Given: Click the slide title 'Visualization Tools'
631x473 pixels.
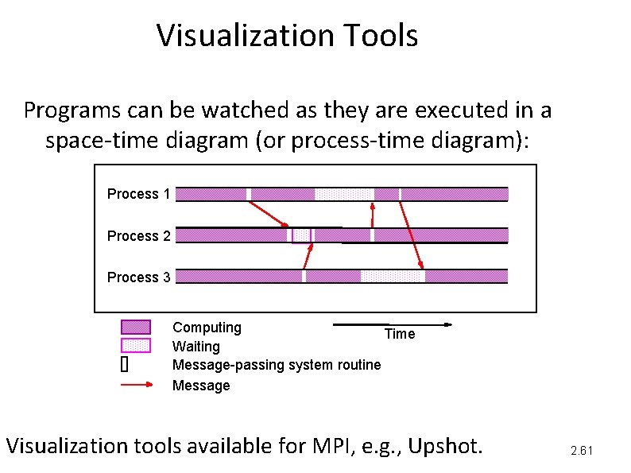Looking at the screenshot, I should [287, 36].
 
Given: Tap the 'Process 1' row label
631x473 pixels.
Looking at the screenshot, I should [138, 194].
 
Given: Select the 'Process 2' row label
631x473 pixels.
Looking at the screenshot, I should [138, 236].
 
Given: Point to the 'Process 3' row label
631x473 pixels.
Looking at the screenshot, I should [138, 277].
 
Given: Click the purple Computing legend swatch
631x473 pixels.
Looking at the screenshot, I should [135, 327].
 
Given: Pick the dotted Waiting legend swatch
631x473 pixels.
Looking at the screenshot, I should [135, 345].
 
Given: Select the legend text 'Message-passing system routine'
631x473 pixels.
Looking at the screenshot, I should [277, 365].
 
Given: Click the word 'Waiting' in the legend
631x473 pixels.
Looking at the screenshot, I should [196, 347].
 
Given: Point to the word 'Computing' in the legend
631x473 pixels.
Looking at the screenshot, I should [207, 328].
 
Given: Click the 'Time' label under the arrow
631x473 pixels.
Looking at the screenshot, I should [400, 334].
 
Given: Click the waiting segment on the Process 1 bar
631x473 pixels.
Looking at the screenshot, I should [344, 194].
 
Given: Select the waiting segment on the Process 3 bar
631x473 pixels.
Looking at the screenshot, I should [393, 277].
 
